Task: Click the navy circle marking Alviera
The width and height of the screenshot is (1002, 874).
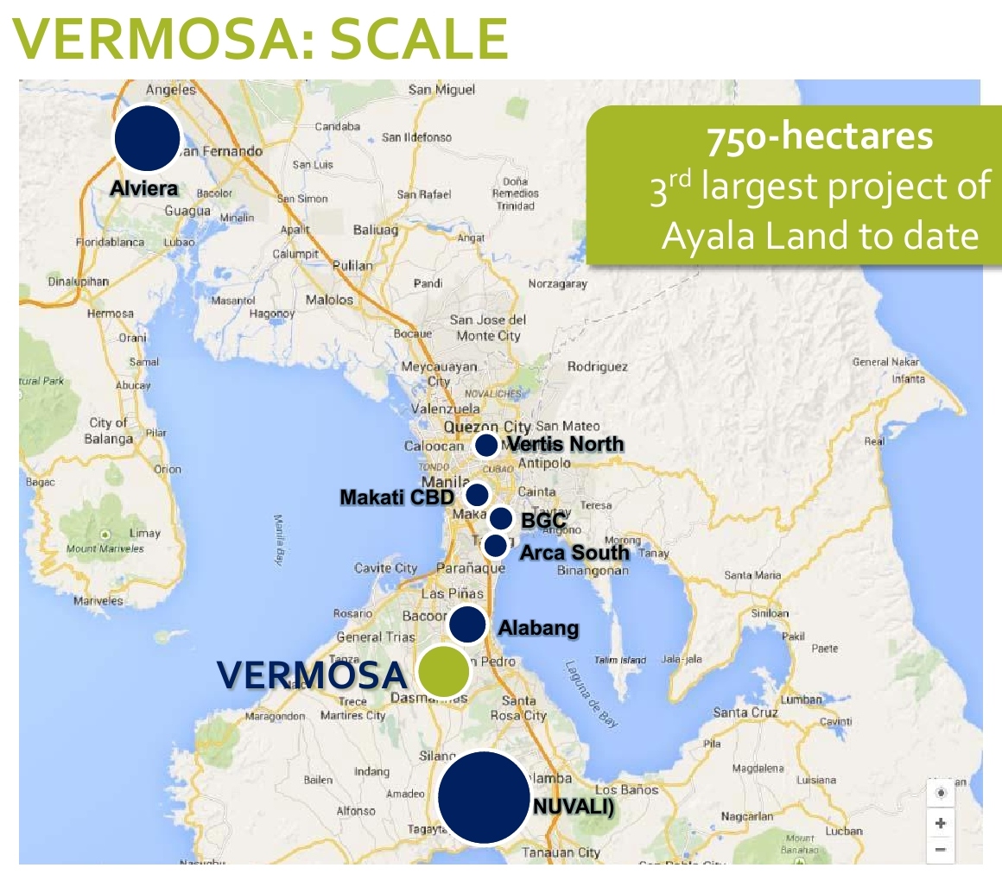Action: click(x=147, y=138)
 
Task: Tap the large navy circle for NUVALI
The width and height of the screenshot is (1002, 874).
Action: click(x=484, y=797)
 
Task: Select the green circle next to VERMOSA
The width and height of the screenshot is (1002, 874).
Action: click(x=443, y=671)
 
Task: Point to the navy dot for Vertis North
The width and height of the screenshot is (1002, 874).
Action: click(x=486, y=446)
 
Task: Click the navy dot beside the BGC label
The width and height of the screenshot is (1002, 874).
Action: click(x=501, y=519)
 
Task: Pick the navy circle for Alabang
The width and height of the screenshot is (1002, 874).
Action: click(x=467, y=624)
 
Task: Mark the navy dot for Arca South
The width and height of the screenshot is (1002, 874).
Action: click(x=496, y=546)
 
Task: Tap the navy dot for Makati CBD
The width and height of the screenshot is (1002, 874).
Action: click(x=476, y=495)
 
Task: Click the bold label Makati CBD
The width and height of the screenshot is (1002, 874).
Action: click(x=396, y=497)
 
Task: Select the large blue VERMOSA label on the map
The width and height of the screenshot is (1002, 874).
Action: click(x=311, y=674)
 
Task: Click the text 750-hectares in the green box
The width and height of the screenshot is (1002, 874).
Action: click(x=820, y=138)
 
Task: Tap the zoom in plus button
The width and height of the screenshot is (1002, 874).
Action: click(x=941, y=823)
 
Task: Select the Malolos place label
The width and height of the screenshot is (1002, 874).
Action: click(x=329, y=300)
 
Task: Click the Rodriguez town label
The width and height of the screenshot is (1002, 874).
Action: click(x=597, y=367)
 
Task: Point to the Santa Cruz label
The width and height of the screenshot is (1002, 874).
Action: click(x=745, y=712)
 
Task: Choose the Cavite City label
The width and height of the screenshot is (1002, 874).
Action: click(x=385, y=568)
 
